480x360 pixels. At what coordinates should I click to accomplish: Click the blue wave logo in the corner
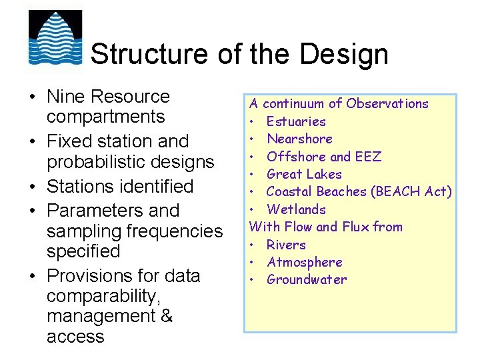(x=55, y=37)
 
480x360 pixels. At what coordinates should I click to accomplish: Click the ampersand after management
(x=166, y=316)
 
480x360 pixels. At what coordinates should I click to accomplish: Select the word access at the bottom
(x=75, y=337)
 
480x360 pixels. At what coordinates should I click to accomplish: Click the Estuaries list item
(x=296, y=121)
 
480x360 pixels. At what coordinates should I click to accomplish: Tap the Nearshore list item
(x=299, y=139)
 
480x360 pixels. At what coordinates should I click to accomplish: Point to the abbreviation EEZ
(x=368, y=157)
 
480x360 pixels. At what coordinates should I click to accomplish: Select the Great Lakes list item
(x=304, y=174)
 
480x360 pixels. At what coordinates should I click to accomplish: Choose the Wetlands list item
(x=296, y=209)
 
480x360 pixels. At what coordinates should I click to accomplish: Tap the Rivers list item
(x=286, y=245)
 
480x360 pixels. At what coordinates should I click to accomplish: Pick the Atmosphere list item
(x=304, y=262)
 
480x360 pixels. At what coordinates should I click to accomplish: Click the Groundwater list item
(x=307, y=279)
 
